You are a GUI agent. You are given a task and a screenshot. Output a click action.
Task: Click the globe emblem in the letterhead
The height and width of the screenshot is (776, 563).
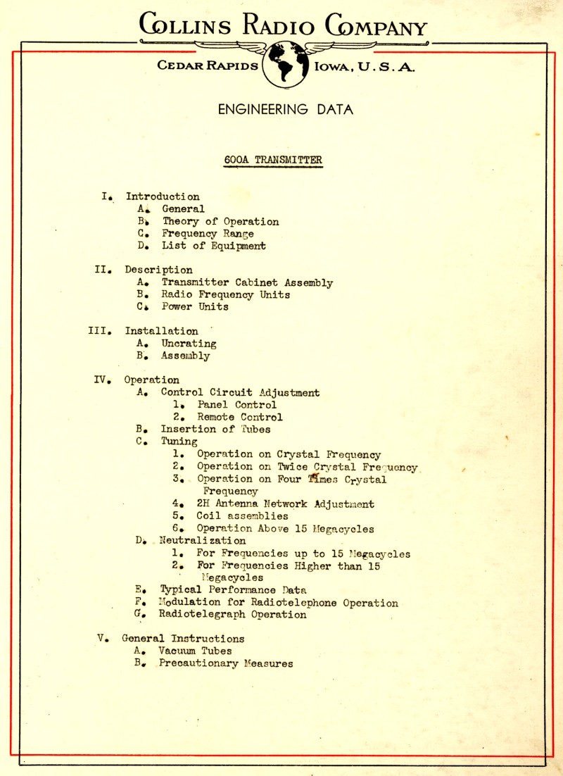tap(285, 62)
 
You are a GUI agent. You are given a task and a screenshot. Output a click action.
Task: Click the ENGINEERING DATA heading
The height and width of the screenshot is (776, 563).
tap(285, 109)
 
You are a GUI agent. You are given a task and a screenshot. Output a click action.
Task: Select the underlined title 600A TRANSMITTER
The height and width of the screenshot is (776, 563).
tap(273, 160)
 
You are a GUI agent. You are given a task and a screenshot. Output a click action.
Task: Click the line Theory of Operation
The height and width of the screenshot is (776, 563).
tap(220, 221)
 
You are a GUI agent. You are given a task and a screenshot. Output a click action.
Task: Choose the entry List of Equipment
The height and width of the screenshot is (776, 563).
tap(214, 246)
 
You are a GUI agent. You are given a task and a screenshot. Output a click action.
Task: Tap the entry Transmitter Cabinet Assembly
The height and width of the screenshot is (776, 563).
tap(247, 283)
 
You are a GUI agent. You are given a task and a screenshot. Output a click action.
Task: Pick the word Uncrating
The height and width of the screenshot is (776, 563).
tap(189, 344)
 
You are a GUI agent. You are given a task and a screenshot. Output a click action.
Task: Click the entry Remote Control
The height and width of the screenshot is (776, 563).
tap(240, 417)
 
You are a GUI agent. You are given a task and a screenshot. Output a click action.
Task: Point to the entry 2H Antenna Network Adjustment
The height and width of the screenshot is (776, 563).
tap(285, 504)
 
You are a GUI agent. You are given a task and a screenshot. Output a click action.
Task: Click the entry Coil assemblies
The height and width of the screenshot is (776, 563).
tap(242, 516)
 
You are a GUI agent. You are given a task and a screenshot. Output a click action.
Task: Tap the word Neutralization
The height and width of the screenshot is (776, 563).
tap(203, 541)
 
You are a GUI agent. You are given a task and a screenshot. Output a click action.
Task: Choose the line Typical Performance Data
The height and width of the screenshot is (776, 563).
tap(233, 590)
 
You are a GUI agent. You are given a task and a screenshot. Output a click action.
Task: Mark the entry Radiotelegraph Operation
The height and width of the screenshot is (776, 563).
tap(232, 615)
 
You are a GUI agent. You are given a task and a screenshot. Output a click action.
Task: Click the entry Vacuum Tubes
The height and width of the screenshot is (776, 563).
tap(195, 651)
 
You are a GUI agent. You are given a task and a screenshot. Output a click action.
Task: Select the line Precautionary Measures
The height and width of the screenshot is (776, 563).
tap(225, 663)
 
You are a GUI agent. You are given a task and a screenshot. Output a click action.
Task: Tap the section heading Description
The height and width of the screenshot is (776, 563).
tap(158, 270)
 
